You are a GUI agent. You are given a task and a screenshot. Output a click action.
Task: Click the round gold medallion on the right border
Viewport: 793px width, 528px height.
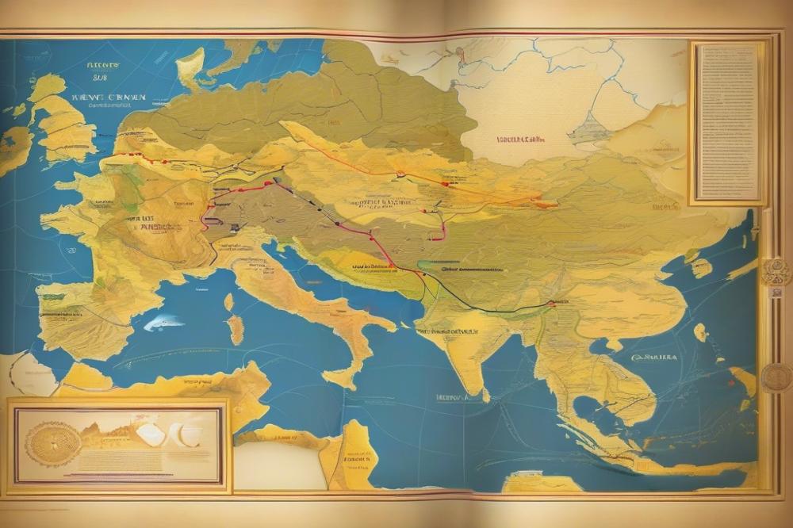coord(776,377)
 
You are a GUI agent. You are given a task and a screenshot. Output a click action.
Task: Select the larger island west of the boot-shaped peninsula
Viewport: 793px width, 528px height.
coord(235,330)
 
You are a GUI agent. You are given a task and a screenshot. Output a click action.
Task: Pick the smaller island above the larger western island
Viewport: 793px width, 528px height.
coord(229,302)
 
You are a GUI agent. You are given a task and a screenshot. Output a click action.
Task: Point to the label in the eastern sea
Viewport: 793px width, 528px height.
coord(653,358)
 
